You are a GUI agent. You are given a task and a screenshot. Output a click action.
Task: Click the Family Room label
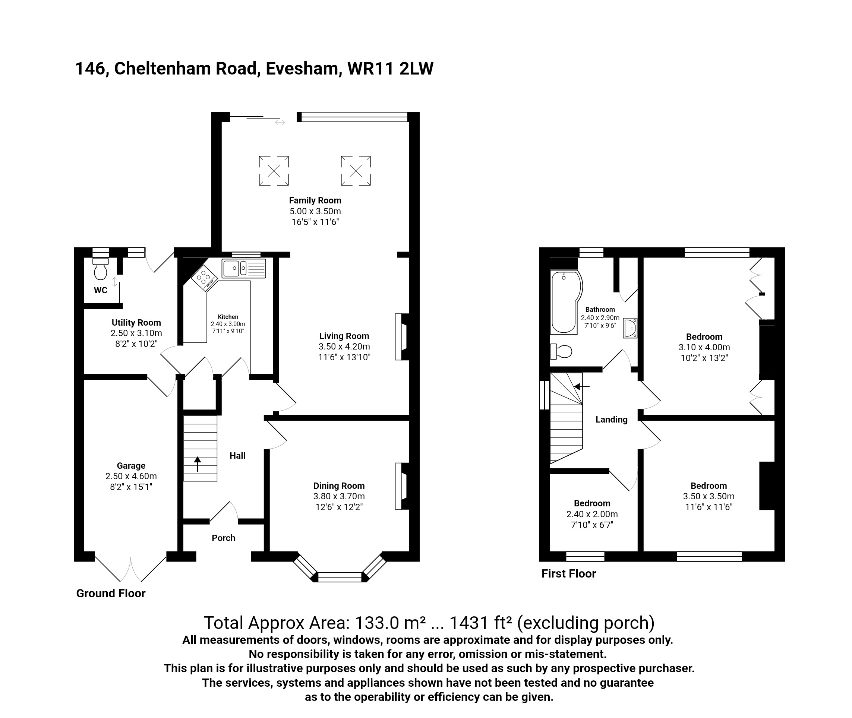pos(315,200)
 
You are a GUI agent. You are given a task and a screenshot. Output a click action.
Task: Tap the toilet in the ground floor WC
pos(101,269)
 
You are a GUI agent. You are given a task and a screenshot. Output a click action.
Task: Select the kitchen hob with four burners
pos(204,278)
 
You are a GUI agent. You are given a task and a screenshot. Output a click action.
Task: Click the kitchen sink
pos(244,268)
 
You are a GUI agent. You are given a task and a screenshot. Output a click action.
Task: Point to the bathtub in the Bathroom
pos(565,301)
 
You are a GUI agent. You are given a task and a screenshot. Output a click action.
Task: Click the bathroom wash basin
pos(630,328)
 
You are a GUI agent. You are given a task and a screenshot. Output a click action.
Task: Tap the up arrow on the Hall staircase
pos(198,464)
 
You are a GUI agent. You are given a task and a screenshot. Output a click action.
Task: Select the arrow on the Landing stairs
pos(582,386)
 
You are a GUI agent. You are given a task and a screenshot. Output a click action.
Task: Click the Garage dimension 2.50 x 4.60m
pos(131,476)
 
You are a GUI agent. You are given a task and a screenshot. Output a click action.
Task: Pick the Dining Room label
pos(339,485)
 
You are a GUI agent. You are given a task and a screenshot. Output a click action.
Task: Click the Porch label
pos(224,538)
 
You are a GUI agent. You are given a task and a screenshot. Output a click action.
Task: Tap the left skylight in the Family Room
pos(274,171)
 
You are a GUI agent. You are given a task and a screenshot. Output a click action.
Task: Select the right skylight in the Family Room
pos(356,171)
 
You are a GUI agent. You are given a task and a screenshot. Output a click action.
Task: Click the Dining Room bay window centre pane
pos(340,577)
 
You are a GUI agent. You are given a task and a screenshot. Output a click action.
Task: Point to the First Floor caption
pos(569,573)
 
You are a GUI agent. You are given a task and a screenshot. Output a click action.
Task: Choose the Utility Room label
pos(136,322)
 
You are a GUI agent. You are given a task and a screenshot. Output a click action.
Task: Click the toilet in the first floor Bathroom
pos(561,351)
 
